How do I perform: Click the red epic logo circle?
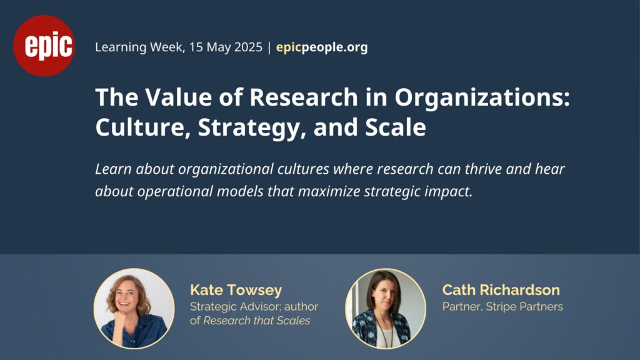point(44,46)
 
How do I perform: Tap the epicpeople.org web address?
point(322,47)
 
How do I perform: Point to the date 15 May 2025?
point(226,47)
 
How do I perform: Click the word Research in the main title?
point(304,97)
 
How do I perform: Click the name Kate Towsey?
point(236,290)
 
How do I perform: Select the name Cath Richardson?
point(501,290)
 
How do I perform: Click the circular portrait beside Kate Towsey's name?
point(134,309)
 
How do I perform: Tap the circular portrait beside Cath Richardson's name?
point(386,309)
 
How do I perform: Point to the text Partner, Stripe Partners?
point(502,306)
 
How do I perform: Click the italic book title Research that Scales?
point(257,321)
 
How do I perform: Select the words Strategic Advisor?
point(235,307)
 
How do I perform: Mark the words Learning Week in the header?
point(139,47)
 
